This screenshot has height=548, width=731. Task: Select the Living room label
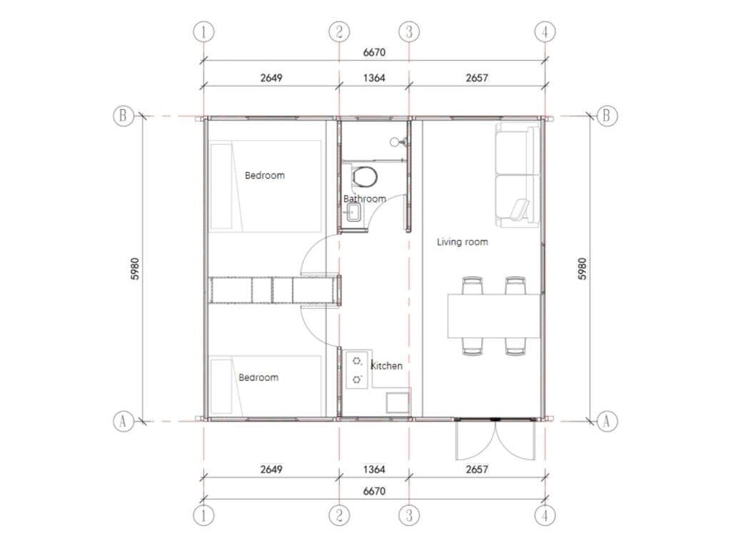point(463,242)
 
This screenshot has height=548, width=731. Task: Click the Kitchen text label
point(387,365)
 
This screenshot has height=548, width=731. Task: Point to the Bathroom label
point(365,198)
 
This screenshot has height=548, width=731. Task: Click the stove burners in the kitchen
point(358,370)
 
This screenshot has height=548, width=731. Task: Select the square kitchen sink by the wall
point(397,402)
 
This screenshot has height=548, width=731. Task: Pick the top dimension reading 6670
point(374,52)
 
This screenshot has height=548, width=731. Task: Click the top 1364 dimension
point(374,78)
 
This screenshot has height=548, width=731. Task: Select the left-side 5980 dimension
point(135,268)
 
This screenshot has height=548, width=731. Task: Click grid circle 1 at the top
point(204,31)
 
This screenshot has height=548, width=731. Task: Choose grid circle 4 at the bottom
point(545,514)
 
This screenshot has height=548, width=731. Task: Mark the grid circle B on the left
point(123,116)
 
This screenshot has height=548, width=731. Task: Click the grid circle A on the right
point(606,421)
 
